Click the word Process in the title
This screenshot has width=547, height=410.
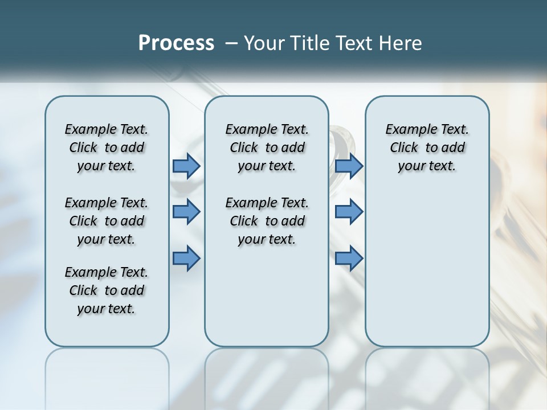coord(176,43)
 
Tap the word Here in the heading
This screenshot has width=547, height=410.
coord(401,43)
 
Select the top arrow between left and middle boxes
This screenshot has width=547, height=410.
coord(186,166)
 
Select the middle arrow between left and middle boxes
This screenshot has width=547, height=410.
coord(186,212)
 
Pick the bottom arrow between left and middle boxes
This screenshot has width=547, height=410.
coord(186,258)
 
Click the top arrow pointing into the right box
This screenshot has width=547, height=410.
coord(349,166)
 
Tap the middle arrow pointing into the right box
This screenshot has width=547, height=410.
coord(349,212)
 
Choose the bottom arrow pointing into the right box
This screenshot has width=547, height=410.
coord(349,258)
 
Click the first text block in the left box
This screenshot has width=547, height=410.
coord(107,147)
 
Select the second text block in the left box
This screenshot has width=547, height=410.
coord(107,221)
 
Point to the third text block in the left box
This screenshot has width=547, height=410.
coord(107,290)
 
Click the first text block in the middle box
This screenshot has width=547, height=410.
coord(267,147)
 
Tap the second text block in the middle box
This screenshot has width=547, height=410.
coord(267,221)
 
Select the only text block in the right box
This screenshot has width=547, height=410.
coord(427,147)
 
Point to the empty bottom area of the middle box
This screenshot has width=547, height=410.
coord(267,302)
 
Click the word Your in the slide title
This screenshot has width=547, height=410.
coord(265,43)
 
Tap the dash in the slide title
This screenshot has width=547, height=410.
coord(231,43)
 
